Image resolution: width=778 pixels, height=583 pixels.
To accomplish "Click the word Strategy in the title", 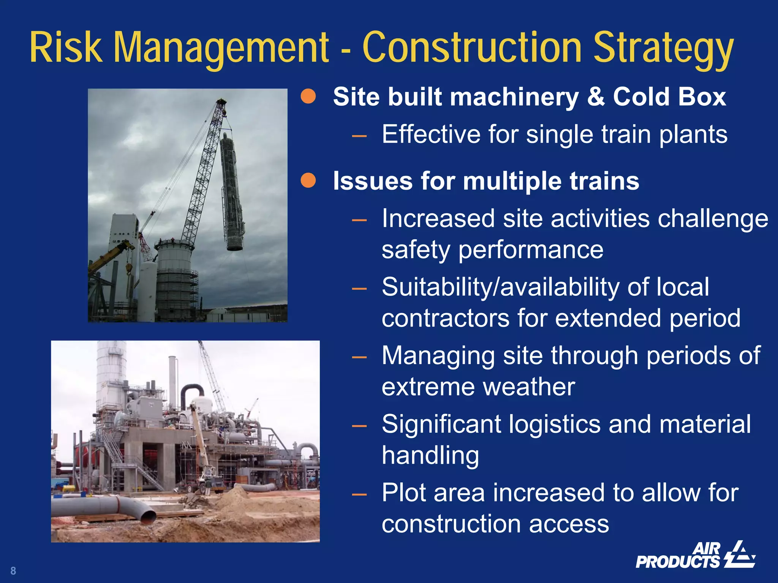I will [663, 49].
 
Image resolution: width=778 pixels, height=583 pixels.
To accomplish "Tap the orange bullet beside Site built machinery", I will [308, 97].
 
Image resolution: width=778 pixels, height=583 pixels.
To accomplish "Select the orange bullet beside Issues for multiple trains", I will [308, 181].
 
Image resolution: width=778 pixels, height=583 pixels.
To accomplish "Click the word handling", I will [430, 455].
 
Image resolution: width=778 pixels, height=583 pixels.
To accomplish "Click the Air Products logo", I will [695, 556].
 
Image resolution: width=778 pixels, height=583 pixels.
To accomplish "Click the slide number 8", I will [13, 570].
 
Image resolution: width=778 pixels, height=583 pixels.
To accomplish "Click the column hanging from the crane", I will [232, 194].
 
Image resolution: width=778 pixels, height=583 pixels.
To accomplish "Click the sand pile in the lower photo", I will [236, 496].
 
